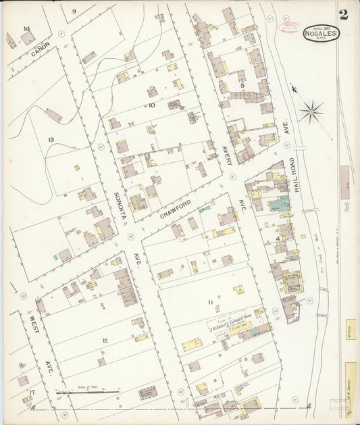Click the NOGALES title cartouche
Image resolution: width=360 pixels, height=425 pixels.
coord(321,32)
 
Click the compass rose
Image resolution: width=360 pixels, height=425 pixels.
coord(310,112)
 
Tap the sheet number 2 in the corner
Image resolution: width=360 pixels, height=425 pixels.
coord(344,15)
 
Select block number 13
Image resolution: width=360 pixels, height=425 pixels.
coord(51,139)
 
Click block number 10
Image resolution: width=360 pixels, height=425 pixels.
coord(151,105)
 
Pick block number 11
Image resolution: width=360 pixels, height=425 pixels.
coord(210,301)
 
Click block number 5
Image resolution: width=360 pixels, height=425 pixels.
coord(241,85)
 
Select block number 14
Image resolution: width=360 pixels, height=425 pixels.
coord(26,29)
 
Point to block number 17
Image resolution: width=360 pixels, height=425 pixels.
coord(31,392)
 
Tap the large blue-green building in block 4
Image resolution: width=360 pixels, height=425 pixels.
coord(278,203)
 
